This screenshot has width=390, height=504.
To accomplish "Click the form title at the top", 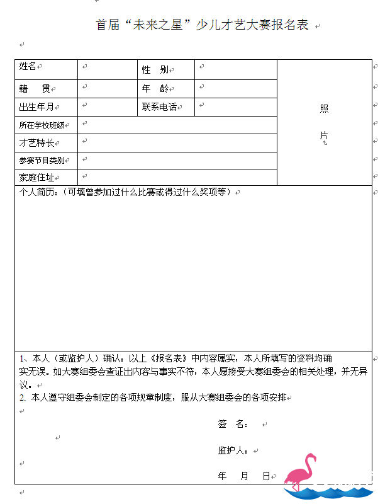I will point(202,25).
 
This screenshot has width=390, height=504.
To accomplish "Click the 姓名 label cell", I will point(28,66).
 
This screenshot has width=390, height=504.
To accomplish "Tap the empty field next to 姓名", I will point(107,69).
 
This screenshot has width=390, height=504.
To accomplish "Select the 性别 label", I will point(155,70).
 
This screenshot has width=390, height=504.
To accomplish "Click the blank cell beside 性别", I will point(236,69).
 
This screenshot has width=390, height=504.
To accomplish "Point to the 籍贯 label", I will point(35,89).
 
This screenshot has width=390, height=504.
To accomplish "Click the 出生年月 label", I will point(36,107).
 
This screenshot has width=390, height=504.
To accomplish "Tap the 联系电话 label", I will point(159,107).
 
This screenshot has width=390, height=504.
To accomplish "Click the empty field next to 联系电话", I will point(236,107).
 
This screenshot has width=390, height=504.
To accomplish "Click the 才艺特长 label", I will point(36,143).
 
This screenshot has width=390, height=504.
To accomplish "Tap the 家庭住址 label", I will point(36,178).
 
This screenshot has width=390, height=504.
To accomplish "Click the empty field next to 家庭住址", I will point(177,178).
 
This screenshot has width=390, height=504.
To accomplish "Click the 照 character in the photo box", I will point(324,108).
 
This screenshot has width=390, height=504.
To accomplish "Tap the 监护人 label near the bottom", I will point(233,450).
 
